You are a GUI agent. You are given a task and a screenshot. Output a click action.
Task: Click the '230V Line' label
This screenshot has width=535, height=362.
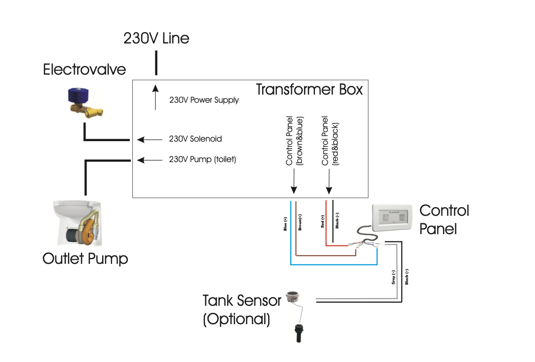point(156,38)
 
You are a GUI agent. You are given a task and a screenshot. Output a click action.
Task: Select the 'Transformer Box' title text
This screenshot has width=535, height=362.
point(309,89)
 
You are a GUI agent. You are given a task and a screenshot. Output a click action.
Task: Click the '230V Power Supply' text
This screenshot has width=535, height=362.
point(204,100)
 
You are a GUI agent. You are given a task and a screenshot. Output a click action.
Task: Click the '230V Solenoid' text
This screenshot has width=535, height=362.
point(195,139)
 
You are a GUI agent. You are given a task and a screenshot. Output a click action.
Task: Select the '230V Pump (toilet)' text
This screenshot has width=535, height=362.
point(202,160)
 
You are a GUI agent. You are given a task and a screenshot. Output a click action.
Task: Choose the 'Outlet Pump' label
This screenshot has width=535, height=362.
point(85,259)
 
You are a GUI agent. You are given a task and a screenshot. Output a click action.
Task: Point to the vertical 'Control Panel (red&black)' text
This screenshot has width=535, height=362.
point(329,140)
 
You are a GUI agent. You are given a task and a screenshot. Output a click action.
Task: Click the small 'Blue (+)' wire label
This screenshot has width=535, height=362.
point(285,223)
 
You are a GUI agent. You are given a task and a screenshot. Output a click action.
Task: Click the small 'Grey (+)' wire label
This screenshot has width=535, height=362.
point(393,277)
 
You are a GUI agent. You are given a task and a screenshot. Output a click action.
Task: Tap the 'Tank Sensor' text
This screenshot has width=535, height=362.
point(242,300)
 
